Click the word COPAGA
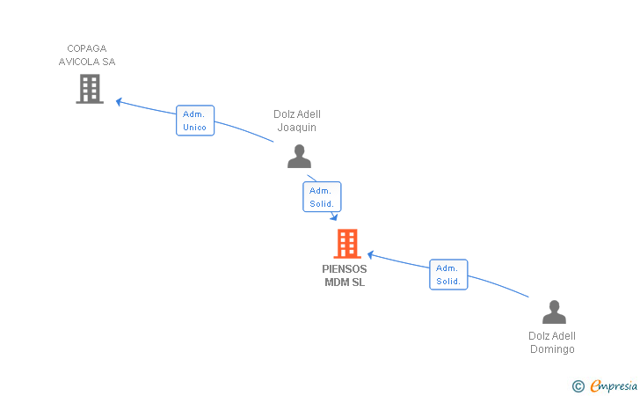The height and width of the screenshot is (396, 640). point(86,48)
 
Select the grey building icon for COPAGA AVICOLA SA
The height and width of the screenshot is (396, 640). point(89,89)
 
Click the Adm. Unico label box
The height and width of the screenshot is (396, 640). point(194,121)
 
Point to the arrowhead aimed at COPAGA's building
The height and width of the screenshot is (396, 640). point(120,101)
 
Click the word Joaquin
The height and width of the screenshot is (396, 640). point(297,128)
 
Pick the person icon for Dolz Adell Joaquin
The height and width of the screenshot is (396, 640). point(299,157)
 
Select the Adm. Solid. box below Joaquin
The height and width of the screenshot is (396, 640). point(321,197)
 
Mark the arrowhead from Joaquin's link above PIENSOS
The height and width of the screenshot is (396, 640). point(334,217)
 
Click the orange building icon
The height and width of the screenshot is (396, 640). point(347,244)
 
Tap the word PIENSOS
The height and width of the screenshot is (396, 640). point(345,269)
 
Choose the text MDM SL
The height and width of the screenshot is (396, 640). point(345,282)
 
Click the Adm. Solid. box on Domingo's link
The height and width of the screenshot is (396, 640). point(448,275)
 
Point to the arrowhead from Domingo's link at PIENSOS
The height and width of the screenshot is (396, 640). point(371,254)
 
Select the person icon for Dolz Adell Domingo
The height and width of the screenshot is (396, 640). point(554,312)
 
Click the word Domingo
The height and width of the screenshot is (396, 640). point(552,349)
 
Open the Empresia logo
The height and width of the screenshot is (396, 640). point(613,385)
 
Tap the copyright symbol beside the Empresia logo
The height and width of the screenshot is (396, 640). point(578,385)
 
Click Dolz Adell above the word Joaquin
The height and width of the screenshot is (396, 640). point(297,114)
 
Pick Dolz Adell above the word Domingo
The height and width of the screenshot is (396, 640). point(552,336)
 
